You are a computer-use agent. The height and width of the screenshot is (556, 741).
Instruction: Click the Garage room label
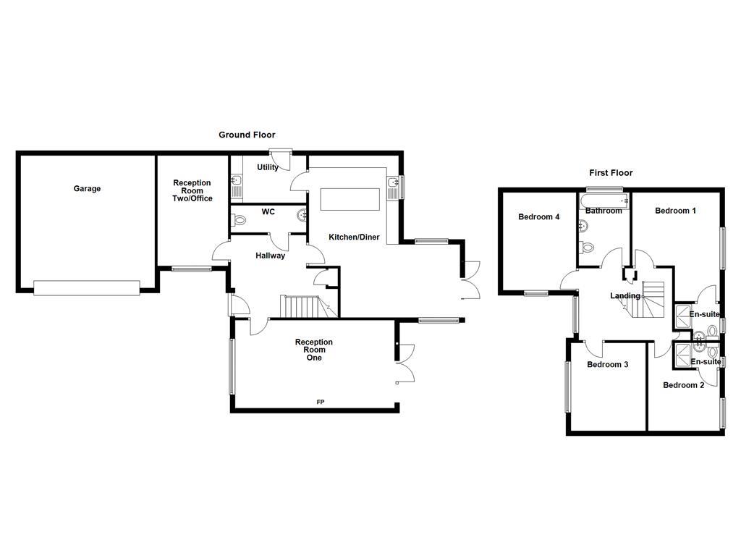click(x=87, y=189)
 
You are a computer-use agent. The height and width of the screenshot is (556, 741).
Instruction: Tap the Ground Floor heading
click(x=247, y=135)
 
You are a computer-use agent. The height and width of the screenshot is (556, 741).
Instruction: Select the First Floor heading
click(x=610, y=173)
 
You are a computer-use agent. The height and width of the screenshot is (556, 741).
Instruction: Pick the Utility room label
click(x=267, y=168)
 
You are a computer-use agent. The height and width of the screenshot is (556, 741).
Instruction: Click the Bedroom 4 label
click(x=538, y=216)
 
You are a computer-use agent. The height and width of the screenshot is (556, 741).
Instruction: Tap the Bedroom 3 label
click(x=606, y=365)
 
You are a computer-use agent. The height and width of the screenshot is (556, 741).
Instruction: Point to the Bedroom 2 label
click(x=683, y=385)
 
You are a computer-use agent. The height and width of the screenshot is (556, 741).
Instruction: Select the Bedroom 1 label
click(x=675, y=211)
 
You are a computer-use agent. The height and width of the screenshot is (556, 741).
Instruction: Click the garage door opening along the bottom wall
click(x=85, y=288)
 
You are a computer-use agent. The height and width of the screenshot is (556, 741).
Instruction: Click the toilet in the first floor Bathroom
click(x=588, y=248)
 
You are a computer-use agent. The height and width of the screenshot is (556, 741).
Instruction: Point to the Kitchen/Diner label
click(x=354, y=237)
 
